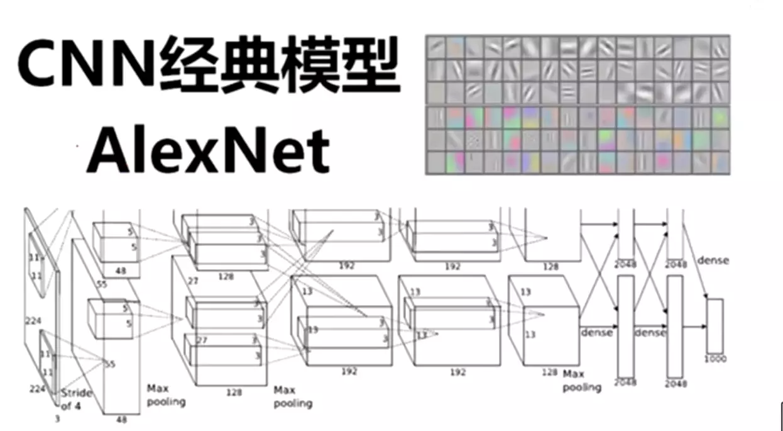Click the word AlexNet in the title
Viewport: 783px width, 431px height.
[208, 150]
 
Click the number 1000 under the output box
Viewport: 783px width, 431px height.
[715, 359]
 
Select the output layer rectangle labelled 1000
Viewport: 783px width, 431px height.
[715, 325]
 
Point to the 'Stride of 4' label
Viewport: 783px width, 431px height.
[76, 399]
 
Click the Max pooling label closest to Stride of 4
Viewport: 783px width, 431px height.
[166, 395]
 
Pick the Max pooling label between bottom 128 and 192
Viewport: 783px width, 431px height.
[293, 396]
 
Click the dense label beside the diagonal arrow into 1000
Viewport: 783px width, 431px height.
[713, 260]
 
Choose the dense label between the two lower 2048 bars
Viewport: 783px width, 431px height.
[650, 332]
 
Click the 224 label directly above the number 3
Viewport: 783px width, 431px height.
[37, 389]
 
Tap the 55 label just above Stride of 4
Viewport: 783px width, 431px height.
[110, 364]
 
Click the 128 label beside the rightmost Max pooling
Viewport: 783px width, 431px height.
[549, 372]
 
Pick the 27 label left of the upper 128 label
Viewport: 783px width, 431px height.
[192, 281]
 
